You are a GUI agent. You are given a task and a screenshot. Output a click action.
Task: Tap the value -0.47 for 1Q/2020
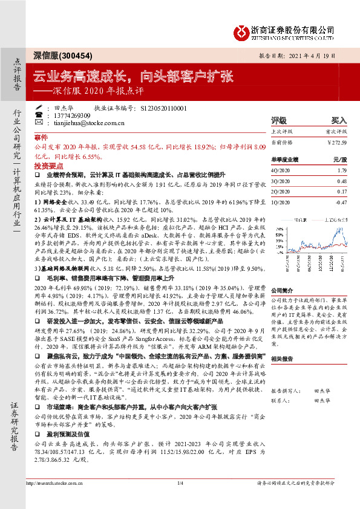point(340,202)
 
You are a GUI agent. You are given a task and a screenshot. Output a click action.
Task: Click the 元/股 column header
point(337,158)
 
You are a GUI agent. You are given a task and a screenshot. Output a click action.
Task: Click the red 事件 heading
point(41,138)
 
